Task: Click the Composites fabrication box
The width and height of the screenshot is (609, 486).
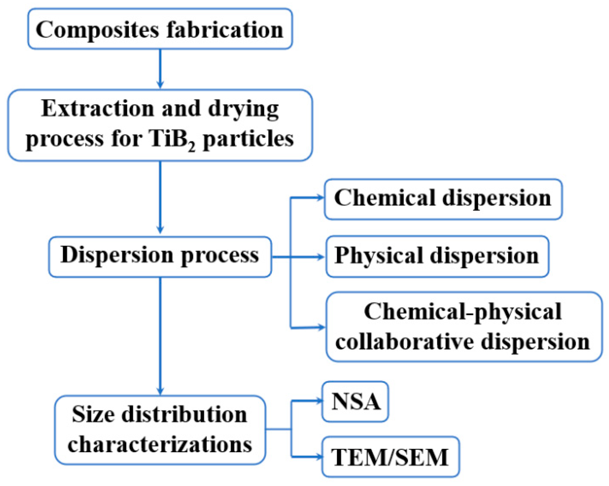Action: (160, 29)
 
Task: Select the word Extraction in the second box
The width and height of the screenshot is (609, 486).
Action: (97, 109)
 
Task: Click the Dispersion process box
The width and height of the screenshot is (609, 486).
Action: (160, 256)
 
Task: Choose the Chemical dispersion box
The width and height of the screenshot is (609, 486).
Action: (443, 199)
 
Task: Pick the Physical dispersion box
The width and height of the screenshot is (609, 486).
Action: (437, 256)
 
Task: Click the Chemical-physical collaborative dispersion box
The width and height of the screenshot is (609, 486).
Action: (464, 327)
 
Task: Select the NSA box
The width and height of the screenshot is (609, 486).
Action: (355, 401)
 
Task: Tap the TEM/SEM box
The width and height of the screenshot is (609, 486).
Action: (390, 457)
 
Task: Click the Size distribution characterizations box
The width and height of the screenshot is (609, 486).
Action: (160, 430)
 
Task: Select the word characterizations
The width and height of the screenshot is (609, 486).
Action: (160, 444)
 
